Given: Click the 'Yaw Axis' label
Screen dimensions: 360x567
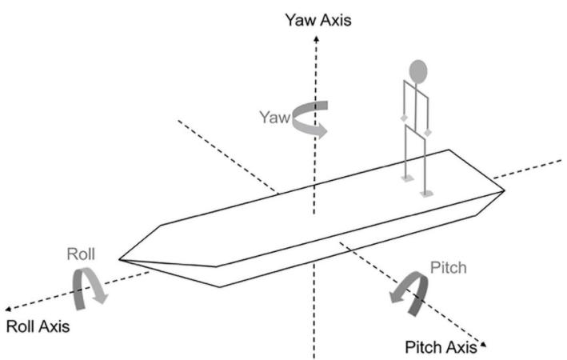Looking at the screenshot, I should tap(318, 18).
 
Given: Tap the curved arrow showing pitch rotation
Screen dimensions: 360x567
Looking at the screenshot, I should tap(409, 293).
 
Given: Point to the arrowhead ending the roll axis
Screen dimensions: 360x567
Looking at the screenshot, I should tap(8, 308).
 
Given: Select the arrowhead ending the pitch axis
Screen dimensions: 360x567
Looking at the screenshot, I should tap(481, 348).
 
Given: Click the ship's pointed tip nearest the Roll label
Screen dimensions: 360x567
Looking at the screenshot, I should tap(120, 258).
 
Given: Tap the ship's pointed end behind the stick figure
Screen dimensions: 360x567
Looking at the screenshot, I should tap(505, 190).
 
